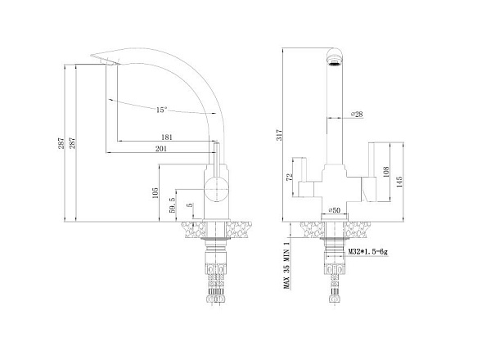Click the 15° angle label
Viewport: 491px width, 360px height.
[x=160, y=110]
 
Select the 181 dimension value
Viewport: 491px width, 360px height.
[x=167, y=137]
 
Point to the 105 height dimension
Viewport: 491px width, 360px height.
[x=154, y=192]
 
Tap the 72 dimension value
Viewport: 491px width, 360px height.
[x=288, y=178]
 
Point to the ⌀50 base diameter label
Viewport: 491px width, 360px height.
[x=335, y=210]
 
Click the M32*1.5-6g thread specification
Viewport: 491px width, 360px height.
[x=371, y=254]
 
